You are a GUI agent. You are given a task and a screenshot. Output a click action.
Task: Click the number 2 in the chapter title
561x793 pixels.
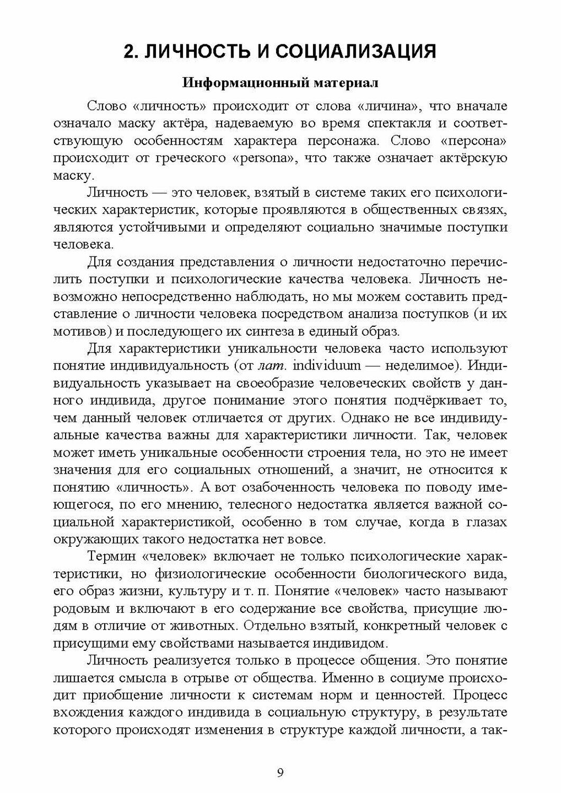tap(128, 52)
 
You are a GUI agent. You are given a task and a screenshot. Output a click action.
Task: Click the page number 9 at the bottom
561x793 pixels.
tap(280, 772)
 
